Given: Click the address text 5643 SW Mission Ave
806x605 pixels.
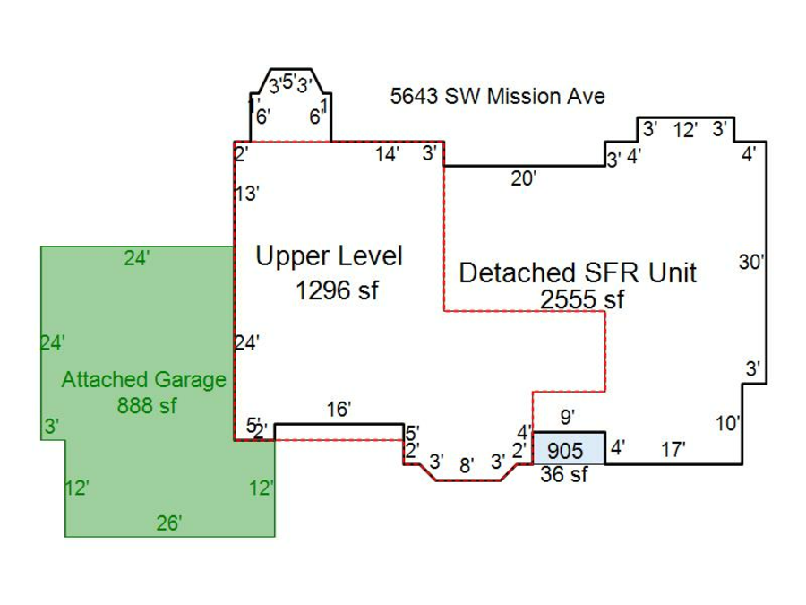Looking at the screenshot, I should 497,96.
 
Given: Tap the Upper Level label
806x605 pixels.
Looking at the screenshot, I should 329,256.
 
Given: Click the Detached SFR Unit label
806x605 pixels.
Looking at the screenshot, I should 577,272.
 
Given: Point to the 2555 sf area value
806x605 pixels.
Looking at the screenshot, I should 582,299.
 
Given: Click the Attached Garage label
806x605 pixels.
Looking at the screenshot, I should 143,379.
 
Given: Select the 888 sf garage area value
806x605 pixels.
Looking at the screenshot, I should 147,406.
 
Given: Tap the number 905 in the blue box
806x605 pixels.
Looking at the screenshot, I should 565,451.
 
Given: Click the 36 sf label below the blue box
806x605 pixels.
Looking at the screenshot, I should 564,475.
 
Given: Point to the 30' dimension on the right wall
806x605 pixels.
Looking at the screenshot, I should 752,263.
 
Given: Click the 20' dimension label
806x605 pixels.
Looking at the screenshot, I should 523,179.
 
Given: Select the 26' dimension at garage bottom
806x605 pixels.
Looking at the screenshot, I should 168,523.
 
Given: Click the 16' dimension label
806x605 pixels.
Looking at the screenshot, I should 339,410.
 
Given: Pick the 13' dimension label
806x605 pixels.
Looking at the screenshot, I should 247,194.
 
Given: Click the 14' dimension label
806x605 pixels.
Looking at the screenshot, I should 387,155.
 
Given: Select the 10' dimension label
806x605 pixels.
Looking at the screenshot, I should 728,423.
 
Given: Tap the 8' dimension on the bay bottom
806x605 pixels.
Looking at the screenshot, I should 467,464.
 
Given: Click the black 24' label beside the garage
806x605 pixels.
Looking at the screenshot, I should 246,342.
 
